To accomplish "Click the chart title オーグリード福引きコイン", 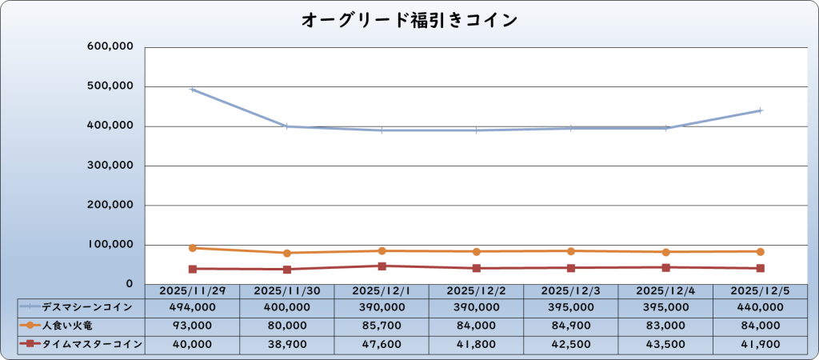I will [409, 20].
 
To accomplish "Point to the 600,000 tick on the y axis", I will [110, 47].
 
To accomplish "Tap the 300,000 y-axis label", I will [110, 166].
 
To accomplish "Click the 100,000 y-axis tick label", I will [110, 245].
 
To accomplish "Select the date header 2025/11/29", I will [192, 290].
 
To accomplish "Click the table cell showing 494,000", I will [192, 306].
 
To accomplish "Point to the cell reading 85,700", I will [382, 325].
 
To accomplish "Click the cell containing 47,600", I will [382, 344].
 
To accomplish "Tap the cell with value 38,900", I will [286, 344].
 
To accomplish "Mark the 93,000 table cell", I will [192, 325].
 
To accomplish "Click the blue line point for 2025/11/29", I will [192, 90].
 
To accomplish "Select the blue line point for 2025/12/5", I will [760, 110].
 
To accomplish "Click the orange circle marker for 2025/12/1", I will [382, 251].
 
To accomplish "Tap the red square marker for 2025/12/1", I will [382, 266].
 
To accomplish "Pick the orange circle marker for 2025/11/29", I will [192, 248].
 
